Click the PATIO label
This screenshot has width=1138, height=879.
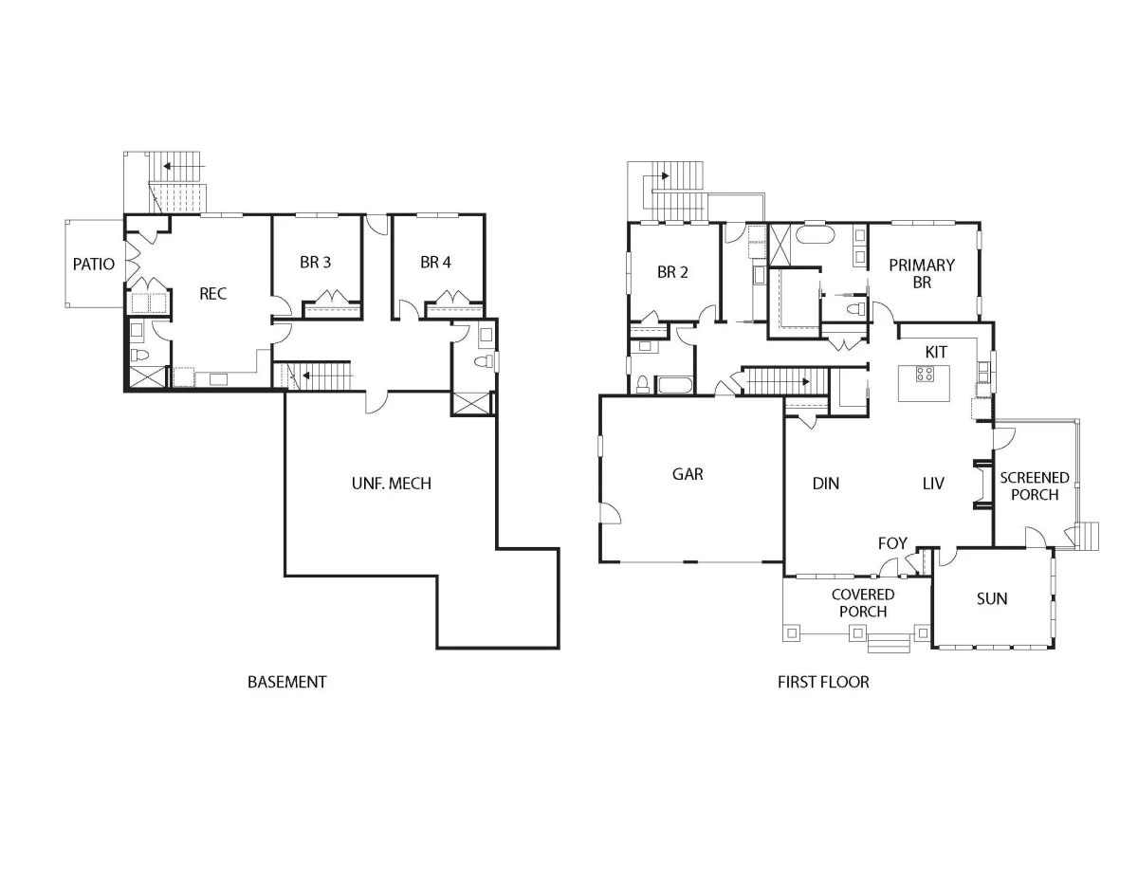(94, 265)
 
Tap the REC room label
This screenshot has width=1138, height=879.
(213, 294)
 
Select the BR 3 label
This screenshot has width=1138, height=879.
(315, 262)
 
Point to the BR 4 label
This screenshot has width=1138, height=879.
(435, 262)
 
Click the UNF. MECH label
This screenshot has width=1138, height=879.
(392, 484)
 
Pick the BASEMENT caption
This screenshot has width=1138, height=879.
(287, 682)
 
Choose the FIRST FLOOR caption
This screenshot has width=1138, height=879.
(823, 682)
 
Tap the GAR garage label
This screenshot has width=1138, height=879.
(688, 474)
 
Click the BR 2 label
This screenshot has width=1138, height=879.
(672, 272)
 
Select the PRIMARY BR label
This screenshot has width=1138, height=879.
(922, 273)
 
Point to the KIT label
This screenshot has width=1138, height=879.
(936, 353)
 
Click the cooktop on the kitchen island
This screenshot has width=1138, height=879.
(925, 374)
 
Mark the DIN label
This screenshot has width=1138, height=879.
(826, 484)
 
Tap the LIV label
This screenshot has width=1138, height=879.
(933, 484)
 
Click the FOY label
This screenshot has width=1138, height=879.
(892, 543)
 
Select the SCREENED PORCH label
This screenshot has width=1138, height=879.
(1035, 485)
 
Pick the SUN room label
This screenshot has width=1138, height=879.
(992, 598)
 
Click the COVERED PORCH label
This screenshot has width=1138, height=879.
(863, 602)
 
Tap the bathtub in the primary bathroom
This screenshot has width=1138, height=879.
(816, 234)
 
